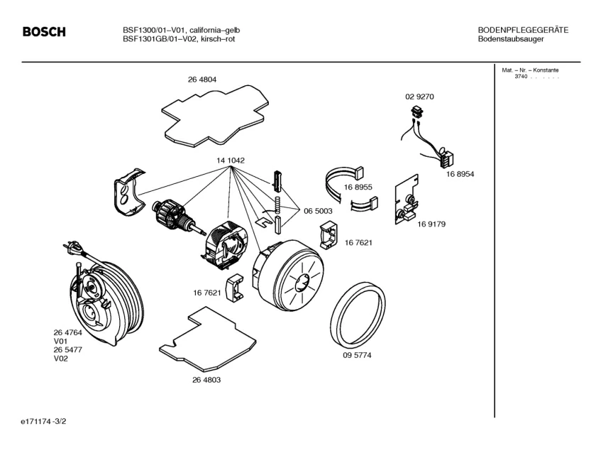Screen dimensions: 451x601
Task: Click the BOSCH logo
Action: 44,32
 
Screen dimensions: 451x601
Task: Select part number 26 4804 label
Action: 202,80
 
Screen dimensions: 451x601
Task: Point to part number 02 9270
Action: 419,96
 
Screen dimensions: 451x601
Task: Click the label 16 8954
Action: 461,174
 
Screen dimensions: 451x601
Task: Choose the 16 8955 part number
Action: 358,187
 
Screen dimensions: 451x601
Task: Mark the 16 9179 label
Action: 431,224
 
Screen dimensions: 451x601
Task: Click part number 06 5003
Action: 319,212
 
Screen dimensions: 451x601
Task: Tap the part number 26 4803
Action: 206,380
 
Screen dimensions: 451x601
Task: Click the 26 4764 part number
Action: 67,332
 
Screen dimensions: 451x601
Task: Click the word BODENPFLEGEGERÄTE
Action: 523,30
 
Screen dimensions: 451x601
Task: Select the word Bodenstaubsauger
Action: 512,39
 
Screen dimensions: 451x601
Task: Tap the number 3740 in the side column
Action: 522,77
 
